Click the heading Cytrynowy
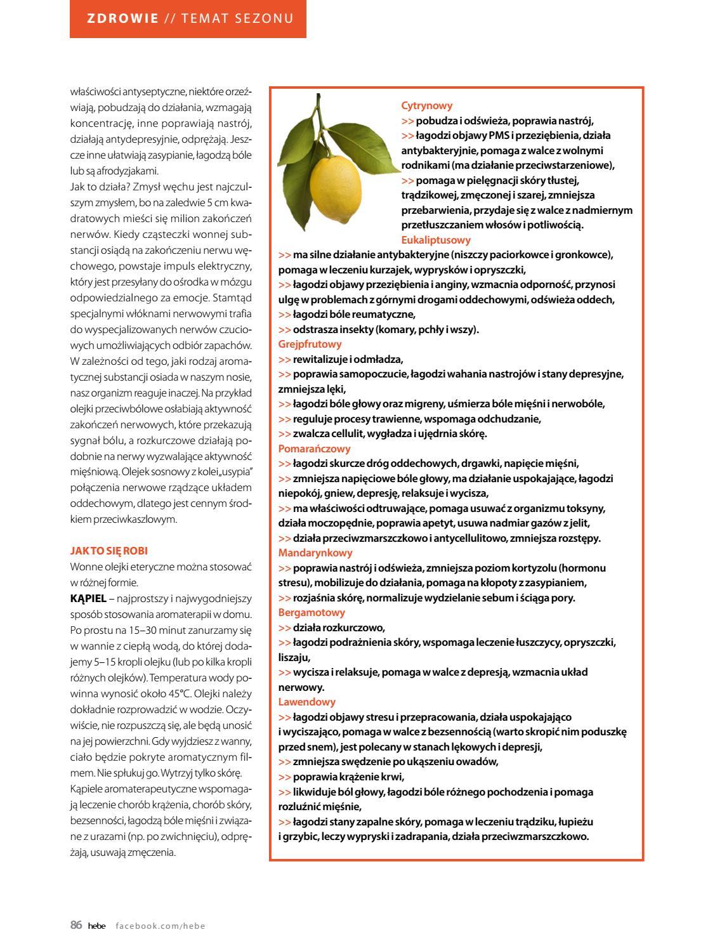tap(427, 106)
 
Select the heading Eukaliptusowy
tap(436, 240)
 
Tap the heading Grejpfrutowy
tap(310, 344)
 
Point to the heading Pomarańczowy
tap(314, 449)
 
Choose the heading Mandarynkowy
tap(315, 553)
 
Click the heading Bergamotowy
tap(312, 613)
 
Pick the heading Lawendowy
tap(307, 702)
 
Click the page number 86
tap(76, 926)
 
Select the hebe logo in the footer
tap(96, 926)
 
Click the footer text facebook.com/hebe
tap(161, 926)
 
